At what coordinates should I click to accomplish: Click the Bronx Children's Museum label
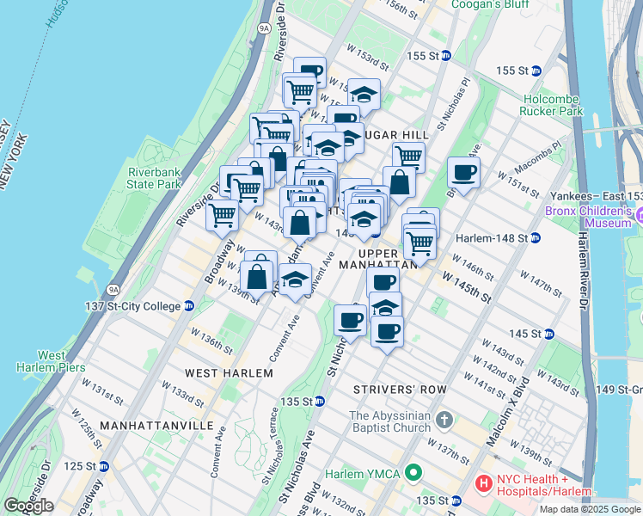click(x=593, y=216)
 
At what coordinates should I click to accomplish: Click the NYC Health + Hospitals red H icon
click(x=483, y=485)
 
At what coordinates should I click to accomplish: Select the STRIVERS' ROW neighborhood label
click(x=400, y=390)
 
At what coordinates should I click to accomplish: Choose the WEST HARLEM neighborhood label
click(x=230, y=373)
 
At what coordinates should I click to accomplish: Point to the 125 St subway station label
click(x=84, y=466)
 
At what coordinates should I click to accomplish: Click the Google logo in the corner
click(x=28, y=506)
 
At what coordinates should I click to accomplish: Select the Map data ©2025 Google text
click(x=590, y=509)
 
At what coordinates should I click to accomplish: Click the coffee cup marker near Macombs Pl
click(x=463, y=173)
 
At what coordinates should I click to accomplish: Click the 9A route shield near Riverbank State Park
click(x=113, y=289)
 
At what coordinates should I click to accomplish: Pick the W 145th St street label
click(x=466, y=287)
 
